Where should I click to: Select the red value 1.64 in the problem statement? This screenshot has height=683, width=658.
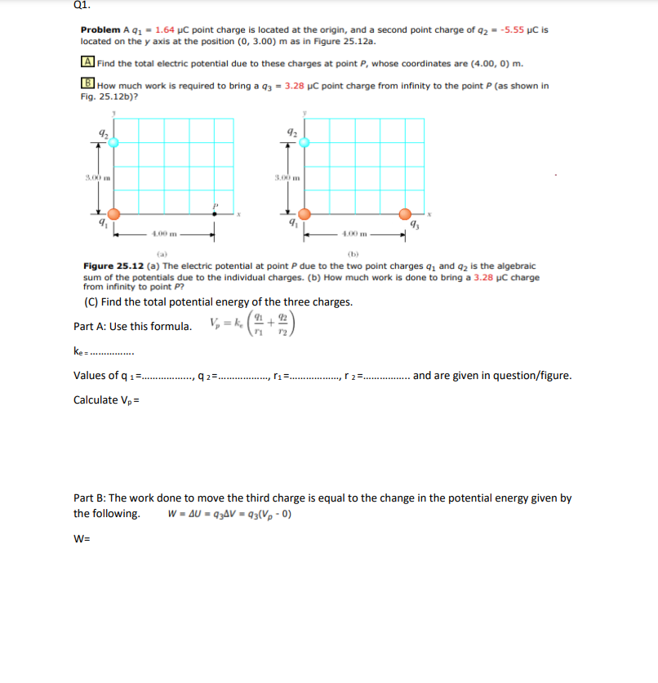point(166,29)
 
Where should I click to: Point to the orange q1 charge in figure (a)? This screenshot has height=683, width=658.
point(113,214)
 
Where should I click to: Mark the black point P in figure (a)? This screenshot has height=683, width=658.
point(215,214)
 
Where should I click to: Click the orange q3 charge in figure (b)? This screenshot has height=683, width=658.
point(406,214)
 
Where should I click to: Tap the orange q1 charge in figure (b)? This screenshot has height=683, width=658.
point(304,214)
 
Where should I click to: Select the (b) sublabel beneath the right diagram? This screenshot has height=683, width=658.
point(353,253)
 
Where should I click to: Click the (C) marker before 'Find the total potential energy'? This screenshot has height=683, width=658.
point(93,301)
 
